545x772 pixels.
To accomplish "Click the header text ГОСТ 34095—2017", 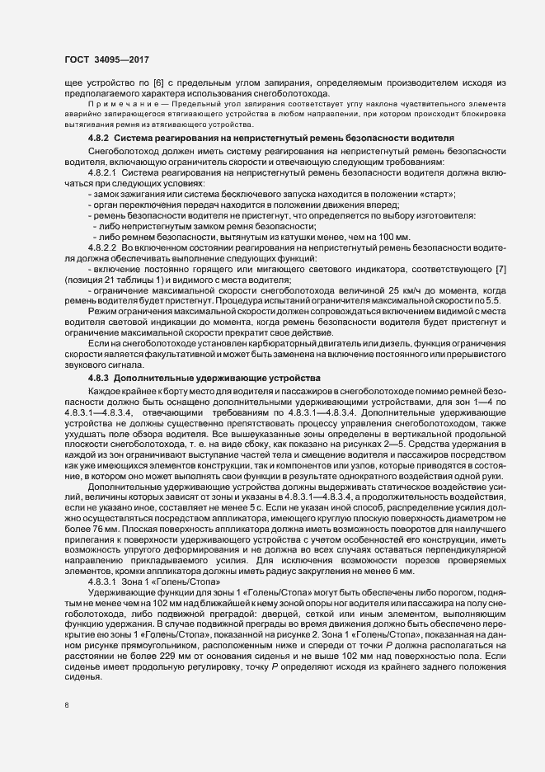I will tap(101, 59).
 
